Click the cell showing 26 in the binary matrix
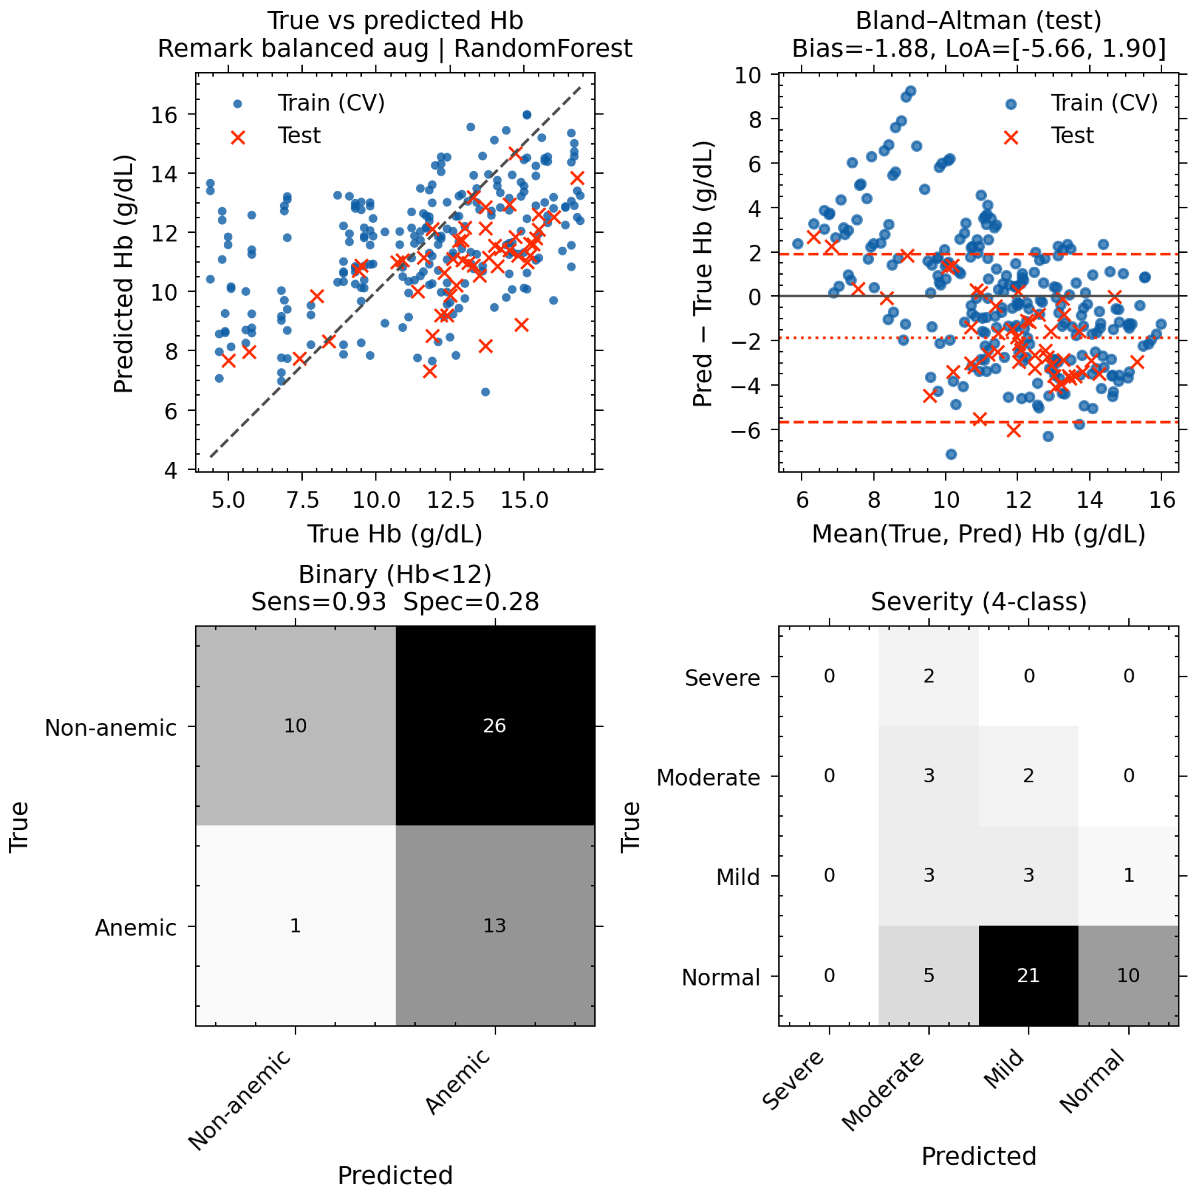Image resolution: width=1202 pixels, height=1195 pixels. [495, 725]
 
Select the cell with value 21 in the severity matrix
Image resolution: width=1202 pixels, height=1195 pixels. [1028, 976]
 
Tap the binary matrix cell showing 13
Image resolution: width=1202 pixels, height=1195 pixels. [495, 926]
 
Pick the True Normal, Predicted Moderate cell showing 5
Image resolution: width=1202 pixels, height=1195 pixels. [929, 976]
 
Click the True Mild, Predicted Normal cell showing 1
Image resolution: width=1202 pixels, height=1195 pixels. [1128, 875]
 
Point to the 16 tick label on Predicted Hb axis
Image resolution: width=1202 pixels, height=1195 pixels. [163, 115]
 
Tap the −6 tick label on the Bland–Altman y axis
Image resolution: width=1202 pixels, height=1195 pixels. [745, 430]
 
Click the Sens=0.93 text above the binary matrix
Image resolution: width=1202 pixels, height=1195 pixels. [318, 602]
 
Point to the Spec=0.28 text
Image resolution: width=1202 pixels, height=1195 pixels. [471, 602]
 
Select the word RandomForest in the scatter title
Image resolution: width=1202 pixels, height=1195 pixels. [543, 48]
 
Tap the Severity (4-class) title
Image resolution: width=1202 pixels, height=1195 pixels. [979, 602]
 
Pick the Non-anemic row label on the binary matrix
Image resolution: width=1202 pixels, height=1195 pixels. [111, 727]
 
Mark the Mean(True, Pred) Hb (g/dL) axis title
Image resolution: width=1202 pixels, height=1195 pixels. [979, 534]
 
